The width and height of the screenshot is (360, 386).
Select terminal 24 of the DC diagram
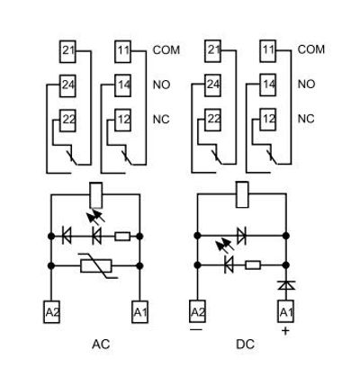[x=213, y=85]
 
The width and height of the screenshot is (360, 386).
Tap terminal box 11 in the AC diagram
[x=123, y=51]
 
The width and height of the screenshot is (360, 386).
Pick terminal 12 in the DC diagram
[x=267, y=118]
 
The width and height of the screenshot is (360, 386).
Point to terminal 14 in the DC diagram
[x=267, y=85]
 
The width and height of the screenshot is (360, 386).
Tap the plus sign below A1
[x=285, y=331]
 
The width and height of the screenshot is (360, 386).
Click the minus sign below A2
[x=196, y=330]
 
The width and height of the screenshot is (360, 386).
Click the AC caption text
[x=101, y=345]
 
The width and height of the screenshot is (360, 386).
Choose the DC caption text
[x=245, y=345]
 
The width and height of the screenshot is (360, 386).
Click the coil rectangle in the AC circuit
[x=95, y=192]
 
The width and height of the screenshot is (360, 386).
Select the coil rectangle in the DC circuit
[x=241, y=192]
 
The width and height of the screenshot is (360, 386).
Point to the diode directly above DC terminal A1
[x=285, y=284]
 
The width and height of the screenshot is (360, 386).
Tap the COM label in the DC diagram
[x=310, y=49]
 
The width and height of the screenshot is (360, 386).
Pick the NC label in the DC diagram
[x=306, y=118]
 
